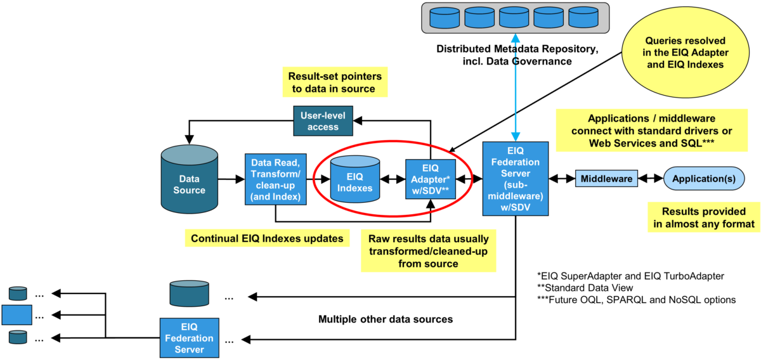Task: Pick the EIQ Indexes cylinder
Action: coord(354,179)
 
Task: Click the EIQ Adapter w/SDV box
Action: coord(431,179)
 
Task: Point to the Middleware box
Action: coord(607,179)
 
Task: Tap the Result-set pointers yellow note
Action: coord(335,83)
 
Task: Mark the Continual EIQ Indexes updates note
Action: coord(267,238)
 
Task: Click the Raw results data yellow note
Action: coord(428,251)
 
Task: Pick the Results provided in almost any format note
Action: coord(702,217)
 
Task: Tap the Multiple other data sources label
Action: coord(386,319)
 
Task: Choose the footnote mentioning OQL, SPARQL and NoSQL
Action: coord(635,299)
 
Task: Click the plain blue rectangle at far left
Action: coord(16,314)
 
